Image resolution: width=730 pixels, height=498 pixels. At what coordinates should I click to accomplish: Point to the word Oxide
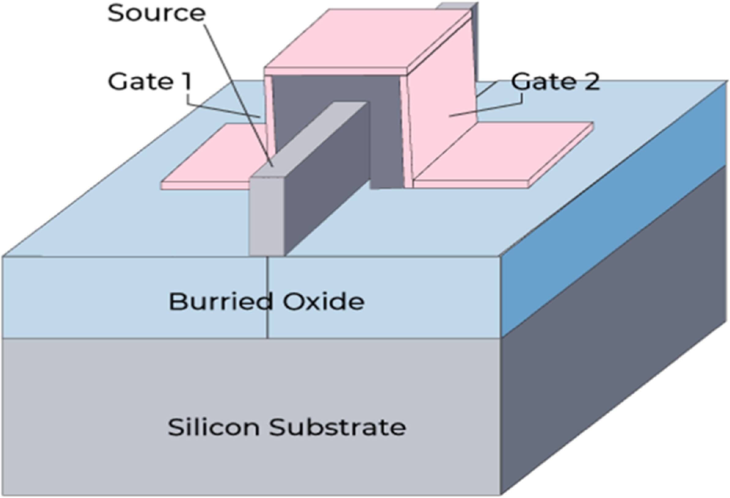323,301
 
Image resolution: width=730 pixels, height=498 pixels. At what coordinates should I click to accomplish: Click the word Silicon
214,427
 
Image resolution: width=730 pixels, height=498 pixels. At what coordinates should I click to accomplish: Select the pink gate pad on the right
503,154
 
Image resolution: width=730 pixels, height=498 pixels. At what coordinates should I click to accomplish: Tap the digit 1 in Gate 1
186,81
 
